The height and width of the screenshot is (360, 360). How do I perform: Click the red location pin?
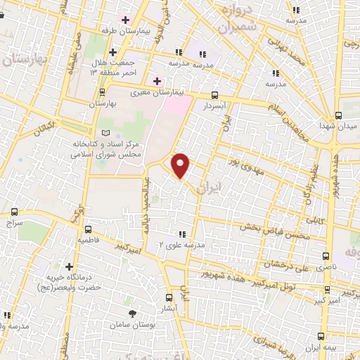(x=181, y=166)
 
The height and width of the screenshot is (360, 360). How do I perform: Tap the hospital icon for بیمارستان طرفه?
(x=125, y=19)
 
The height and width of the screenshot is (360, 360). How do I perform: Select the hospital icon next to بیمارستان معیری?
(x=157, y=81)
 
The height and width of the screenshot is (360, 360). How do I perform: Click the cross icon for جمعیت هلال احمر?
(x=112, y=53)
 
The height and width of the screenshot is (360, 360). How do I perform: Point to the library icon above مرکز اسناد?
(x=105, y=132)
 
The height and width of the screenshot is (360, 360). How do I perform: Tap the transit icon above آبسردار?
(x=214, y=95)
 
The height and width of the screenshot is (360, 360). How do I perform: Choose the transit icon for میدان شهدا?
(x=338, y=115)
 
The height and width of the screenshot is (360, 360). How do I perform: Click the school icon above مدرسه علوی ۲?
(x=182, y=233)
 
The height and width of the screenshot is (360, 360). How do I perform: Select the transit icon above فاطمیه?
(x=88, y=229)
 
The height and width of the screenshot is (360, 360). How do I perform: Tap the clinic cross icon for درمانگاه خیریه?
(x=69, y=266)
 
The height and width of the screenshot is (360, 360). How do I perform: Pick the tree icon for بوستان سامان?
(x=131, y=314)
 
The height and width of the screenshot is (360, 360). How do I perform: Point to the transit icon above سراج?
(x=15, y=211)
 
